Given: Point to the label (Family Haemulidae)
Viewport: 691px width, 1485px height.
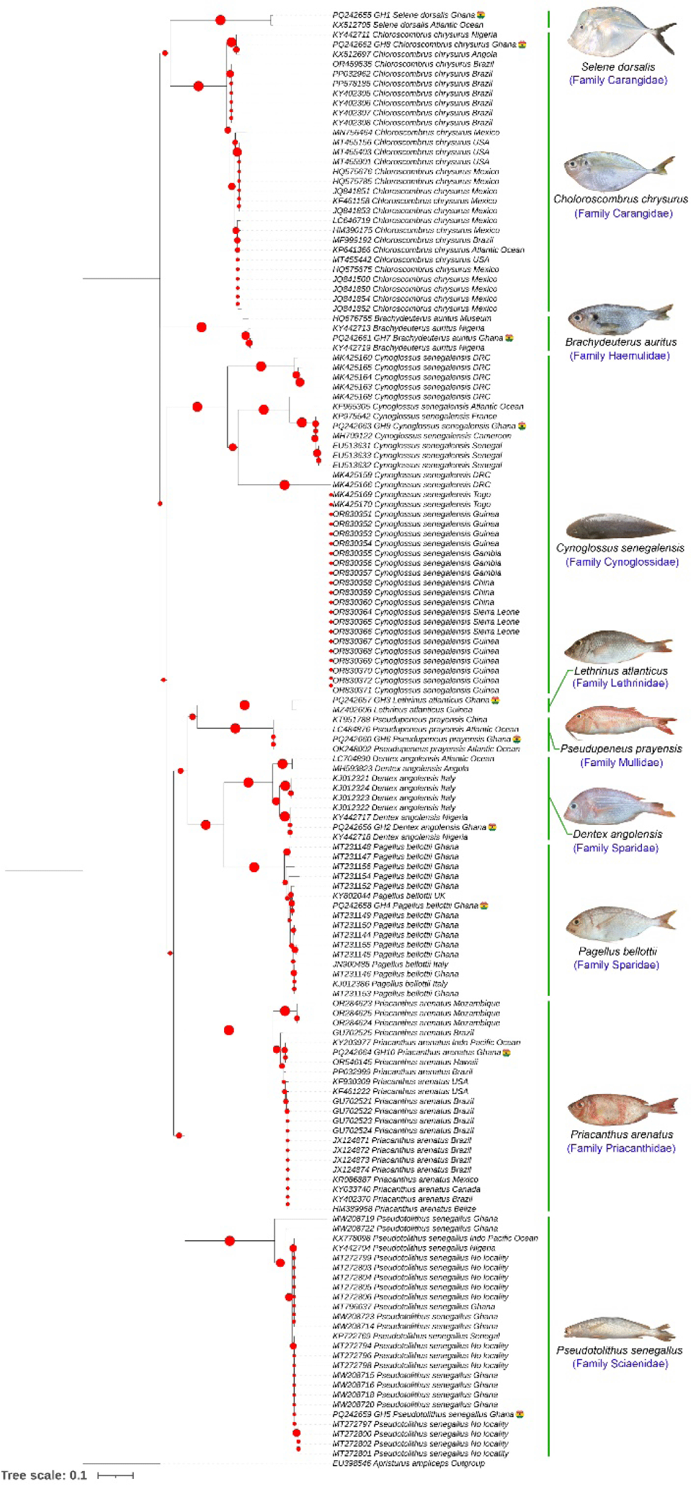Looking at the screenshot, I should point(620,356).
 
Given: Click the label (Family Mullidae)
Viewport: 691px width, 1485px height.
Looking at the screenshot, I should point(621,763).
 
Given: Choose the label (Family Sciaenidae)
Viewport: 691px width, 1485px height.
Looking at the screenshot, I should point(620,1363).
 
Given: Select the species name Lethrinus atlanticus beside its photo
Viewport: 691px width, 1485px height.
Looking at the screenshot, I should point(621,671).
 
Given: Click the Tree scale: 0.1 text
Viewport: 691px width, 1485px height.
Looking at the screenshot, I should point(44,1475).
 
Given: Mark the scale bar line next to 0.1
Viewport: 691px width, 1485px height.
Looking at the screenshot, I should point(116,1475).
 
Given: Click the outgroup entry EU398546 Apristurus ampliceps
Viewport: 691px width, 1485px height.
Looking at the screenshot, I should point(409,1463).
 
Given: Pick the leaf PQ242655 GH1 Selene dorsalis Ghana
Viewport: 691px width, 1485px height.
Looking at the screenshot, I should point(403,15).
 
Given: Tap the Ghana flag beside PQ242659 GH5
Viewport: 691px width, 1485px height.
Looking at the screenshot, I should point(520,1414).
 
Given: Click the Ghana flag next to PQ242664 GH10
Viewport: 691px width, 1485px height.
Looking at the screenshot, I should point(506,1052).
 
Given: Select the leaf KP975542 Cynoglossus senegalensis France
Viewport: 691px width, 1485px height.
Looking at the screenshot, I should point(414,416).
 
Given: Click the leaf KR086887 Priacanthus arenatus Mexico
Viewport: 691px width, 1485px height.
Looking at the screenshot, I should point(405,1180).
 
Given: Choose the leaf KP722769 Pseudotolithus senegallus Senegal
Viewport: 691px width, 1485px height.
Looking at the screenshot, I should point(416,1336).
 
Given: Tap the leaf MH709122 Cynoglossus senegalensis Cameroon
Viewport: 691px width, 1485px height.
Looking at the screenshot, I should point(422,436).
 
